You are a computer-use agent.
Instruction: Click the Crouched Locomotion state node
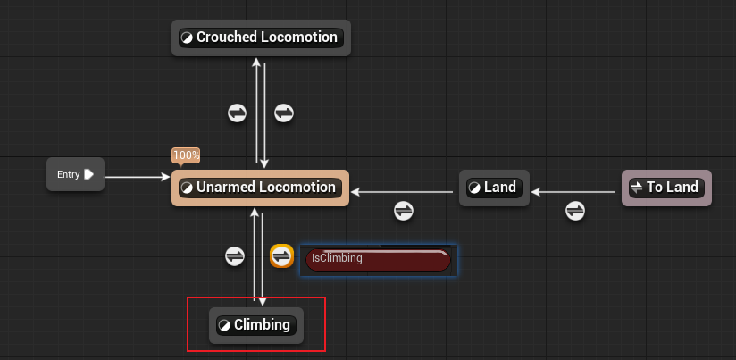[x=260, y=38]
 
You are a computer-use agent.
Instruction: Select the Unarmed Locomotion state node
[x=260, y=188]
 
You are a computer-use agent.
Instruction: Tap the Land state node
[x=493, y=188]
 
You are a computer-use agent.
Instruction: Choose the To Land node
[x=666, y=188]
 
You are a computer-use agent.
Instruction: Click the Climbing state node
[x=256, y=325]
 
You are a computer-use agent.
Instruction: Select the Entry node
[x=75, y=174]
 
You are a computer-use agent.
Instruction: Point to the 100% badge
[x=186, y=155]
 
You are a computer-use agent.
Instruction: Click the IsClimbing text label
[x=338, y=258]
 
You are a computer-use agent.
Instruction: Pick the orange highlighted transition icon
[x=282, y=256]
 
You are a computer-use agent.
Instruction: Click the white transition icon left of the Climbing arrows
[x=236, y=256]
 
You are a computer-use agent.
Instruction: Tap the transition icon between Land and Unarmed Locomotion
[x=404, y=211]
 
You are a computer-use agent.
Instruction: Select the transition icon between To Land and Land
[x=575, y=211]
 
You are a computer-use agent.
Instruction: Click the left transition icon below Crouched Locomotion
[x=237, y=113]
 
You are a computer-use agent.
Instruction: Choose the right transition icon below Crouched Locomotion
[x=283, y=113]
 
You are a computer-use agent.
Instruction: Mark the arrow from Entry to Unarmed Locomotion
[x=138, y=178]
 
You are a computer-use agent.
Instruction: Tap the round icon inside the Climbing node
[x=224, y=325]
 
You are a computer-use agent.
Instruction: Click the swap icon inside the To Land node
[x=637, y=188]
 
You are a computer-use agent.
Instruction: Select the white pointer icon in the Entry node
[x=89, y=174]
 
